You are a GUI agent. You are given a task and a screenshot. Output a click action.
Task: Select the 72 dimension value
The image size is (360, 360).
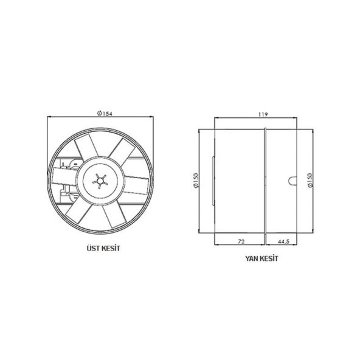click(x=241, y=241)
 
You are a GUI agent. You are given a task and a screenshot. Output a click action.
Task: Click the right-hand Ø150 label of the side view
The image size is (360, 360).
click(x=311, y=181)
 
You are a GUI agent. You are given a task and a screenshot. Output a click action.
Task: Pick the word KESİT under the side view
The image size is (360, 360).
click(x=269, y=258)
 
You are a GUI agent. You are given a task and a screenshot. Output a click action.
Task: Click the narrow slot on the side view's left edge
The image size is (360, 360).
click(x=212, y=181)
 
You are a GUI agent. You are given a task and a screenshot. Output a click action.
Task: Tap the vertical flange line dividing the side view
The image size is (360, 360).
click(x=265, y=181)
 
